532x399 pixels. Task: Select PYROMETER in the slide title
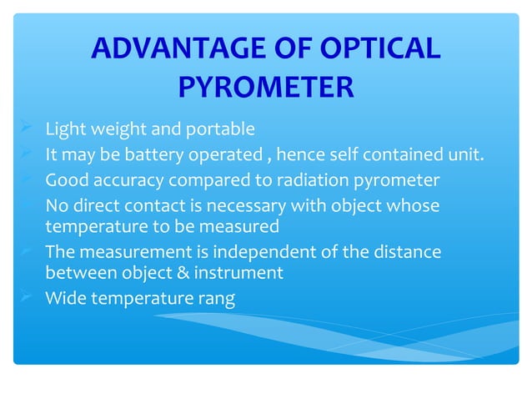click(266, 87)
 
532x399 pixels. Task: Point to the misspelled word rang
click(216, 298)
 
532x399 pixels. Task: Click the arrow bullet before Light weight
click(27, 129)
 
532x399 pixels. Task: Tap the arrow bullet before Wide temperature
click(27, 296)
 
